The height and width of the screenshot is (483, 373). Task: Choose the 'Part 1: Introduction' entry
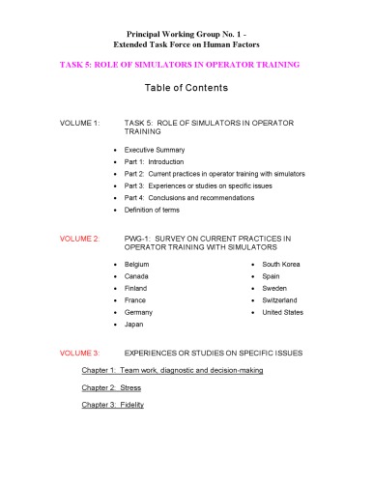coord(160,163)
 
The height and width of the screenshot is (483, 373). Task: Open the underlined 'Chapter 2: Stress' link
coord(111,387)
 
